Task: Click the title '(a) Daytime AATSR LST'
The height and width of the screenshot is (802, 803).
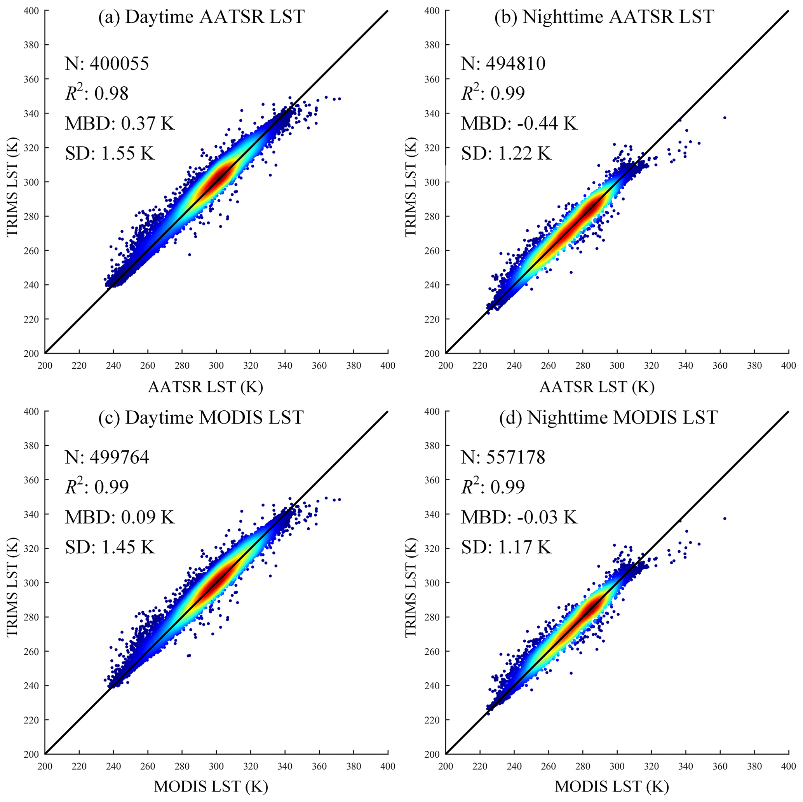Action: [x=201, y=17]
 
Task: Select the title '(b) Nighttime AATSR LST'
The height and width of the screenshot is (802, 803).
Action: [x=603, y=17]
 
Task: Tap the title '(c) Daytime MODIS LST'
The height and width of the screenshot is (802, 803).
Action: [x=201, y=417]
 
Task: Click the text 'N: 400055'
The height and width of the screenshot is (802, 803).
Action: [x=107, y=64]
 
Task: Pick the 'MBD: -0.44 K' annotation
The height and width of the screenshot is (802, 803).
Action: [x=519, y=124]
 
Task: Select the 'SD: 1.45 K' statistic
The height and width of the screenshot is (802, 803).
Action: [x=110, y=547]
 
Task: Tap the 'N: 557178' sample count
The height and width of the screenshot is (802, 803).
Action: [x=503, y=457]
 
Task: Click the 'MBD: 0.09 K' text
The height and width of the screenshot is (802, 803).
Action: [x=120, y=517]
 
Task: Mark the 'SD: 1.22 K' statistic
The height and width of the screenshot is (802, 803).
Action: [x=506, y=154]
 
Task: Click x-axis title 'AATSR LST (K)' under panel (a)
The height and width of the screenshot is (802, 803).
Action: [x=206, y=387]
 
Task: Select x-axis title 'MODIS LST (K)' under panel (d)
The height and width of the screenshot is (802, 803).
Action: [x=611, y=786]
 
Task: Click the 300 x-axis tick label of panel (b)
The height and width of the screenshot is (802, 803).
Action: [x=617, y=366]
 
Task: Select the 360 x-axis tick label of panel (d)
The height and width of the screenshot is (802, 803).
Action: [x=720, y=766]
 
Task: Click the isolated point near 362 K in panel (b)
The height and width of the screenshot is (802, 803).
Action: [x=725, y=118]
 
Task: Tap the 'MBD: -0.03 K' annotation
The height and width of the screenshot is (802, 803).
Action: [x=519, y=517]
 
